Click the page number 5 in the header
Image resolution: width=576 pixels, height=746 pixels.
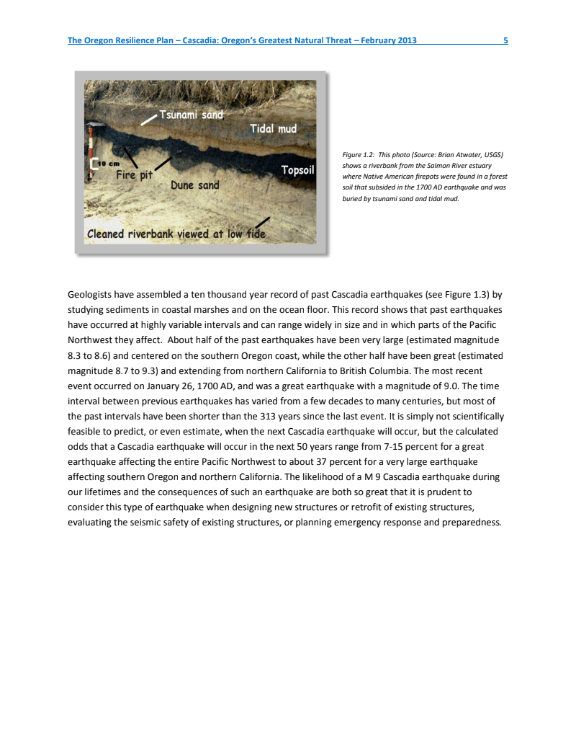coord(505,40)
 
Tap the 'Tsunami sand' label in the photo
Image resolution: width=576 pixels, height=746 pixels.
coord(191,114)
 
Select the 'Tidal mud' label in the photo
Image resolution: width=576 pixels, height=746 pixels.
coord(273,128)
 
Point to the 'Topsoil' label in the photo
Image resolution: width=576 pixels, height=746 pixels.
coord(297,170)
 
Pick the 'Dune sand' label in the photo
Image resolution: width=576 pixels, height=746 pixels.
coord(194,185)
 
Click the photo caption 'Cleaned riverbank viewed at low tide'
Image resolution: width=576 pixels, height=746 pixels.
coord(176,234)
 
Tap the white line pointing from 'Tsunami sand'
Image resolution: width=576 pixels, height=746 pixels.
coord(148,120)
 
